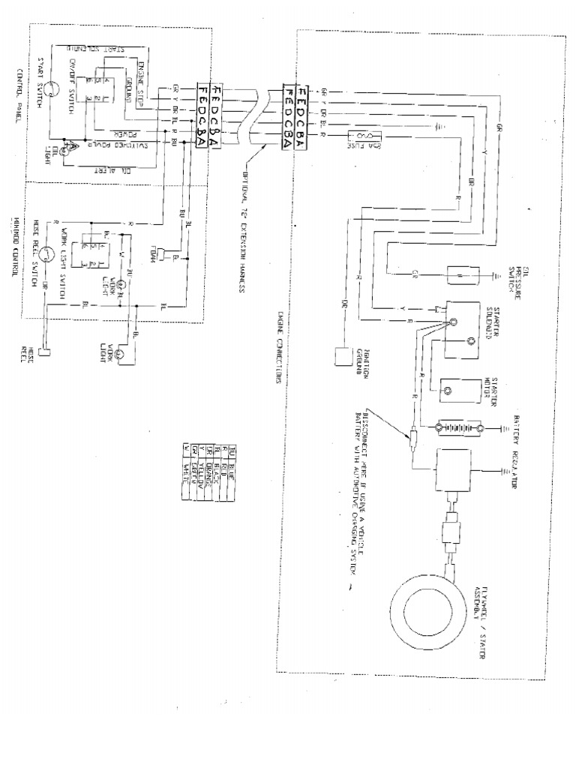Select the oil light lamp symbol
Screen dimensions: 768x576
pos(64,151)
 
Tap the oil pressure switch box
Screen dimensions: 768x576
pos(457,275)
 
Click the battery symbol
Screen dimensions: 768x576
pos(457,429)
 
